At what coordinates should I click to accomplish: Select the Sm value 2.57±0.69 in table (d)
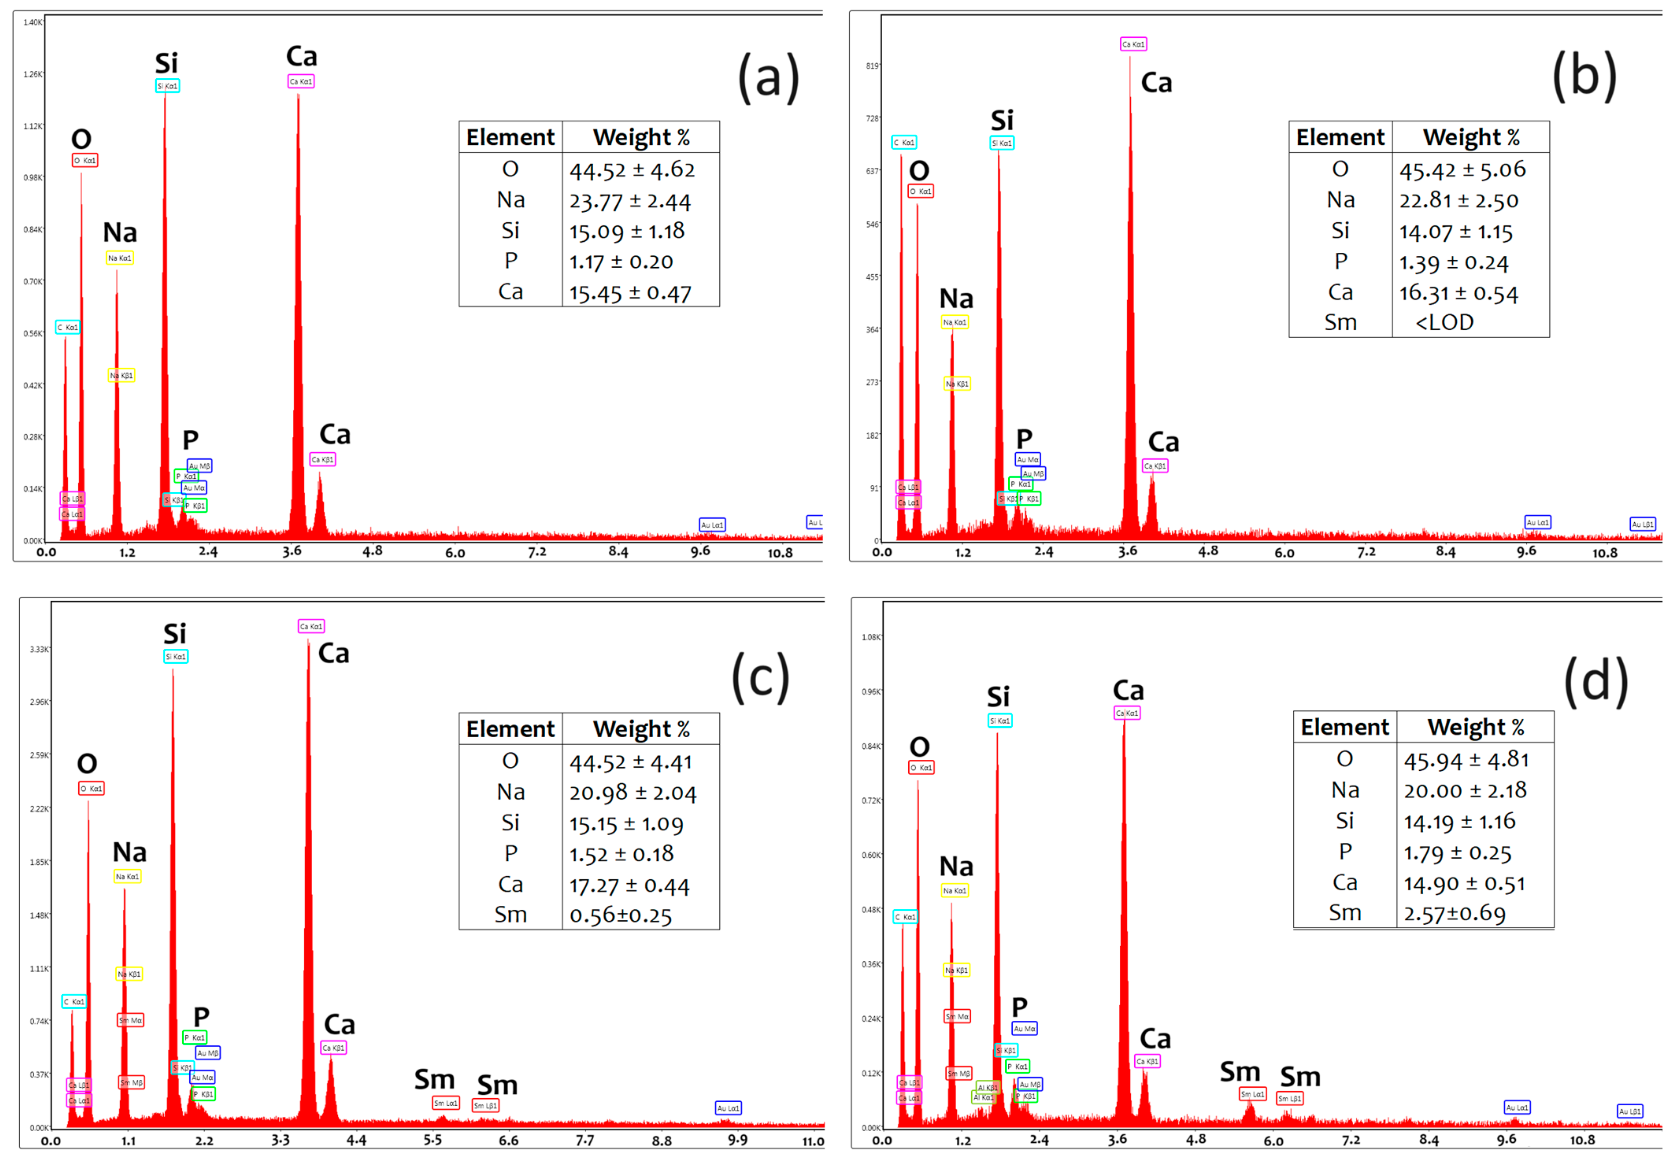1454,913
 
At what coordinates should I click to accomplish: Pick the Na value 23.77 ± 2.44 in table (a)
630,200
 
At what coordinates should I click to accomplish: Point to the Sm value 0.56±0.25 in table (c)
620,915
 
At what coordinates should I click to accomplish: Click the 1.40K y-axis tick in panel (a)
33,22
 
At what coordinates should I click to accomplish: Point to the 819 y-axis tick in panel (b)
872,66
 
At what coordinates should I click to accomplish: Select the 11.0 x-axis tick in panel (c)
813,1141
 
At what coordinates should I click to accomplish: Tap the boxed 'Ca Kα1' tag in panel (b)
1133,44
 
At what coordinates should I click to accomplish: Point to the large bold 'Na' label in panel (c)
130,852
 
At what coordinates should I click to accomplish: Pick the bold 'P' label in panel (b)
1024,438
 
